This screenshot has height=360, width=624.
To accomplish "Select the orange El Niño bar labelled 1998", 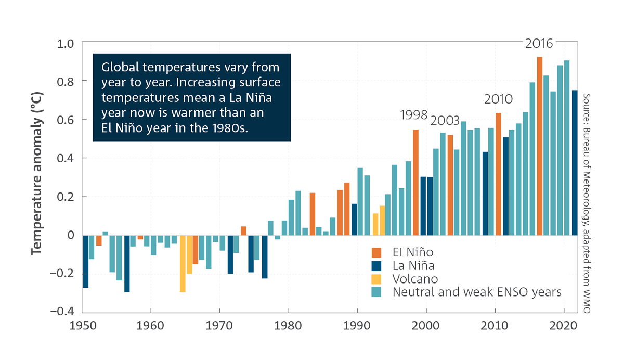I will coord(416,182).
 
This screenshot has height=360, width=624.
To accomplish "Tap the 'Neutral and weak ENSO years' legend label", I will coord(477,292).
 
